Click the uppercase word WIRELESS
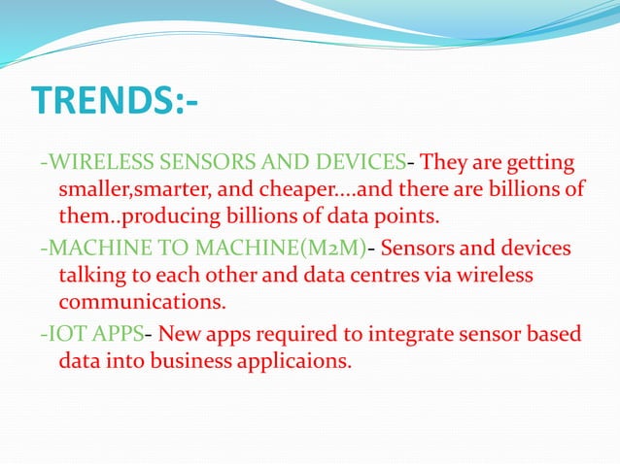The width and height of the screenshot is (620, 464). click(90, 161)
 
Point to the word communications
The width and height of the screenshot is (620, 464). click(143, 302)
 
